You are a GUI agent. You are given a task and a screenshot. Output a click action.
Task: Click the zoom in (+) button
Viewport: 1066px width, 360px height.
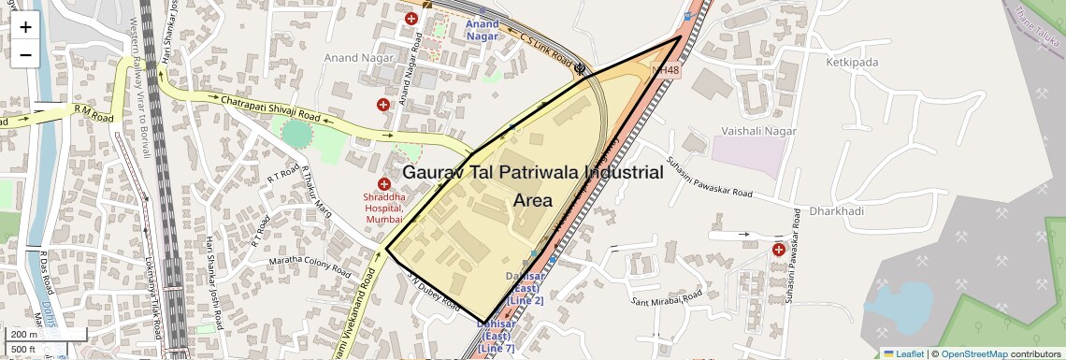[x=25, y=26]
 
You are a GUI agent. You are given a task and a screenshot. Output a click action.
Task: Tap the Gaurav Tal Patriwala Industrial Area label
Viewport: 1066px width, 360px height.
[x=532, y=186]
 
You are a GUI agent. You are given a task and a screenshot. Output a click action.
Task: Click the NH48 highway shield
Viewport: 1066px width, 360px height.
[x=667, y=71]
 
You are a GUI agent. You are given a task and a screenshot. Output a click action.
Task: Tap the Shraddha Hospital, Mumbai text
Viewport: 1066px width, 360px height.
[x=384, y=208]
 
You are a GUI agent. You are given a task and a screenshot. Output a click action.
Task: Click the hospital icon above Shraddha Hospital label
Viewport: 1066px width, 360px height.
[x=383, y=184]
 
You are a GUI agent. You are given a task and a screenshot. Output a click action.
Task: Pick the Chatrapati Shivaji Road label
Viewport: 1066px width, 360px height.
[x=270, y=109]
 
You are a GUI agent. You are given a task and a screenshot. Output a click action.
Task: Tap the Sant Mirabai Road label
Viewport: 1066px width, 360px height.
[x=666, y=298]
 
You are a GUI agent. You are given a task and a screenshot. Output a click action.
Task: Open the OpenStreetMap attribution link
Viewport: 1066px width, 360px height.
[x=973, y=353]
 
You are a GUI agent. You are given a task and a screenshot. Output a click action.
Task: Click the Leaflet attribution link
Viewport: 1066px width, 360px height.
[x=903, y=353]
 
